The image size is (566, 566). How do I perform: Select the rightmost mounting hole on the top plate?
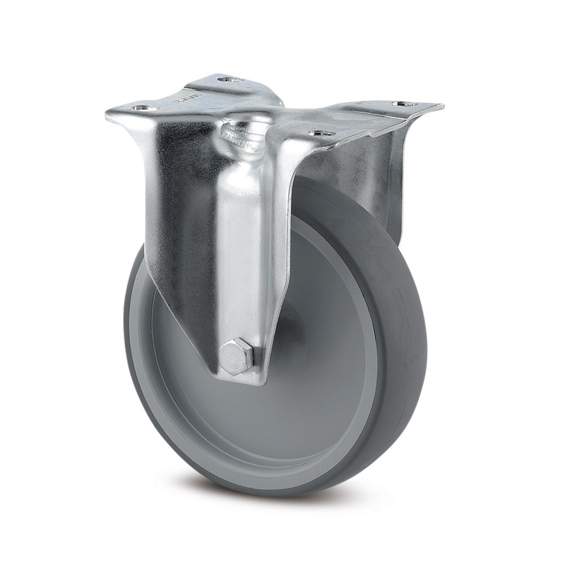pyautogui.click(x=406, y=104)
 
